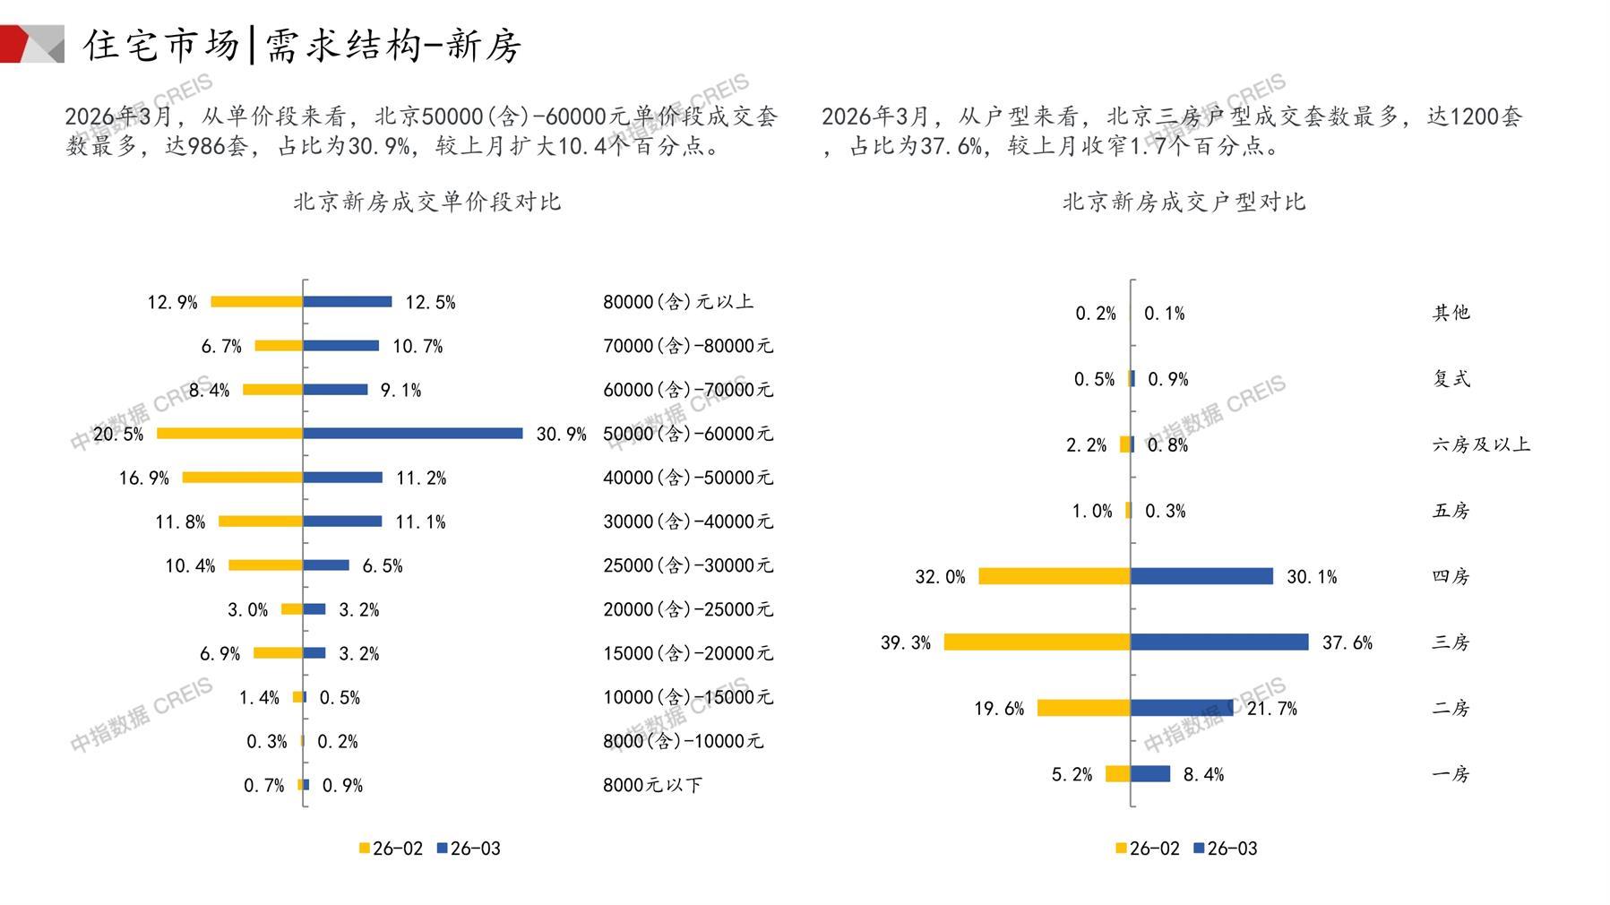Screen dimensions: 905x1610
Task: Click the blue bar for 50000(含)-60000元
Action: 413,434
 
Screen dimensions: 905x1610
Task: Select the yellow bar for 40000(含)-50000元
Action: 243,478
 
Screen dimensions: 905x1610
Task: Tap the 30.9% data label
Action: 561,435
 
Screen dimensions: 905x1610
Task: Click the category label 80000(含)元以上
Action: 677,302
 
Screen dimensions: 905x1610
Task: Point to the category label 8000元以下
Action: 652,785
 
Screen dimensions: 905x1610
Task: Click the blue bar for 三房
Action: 1219,642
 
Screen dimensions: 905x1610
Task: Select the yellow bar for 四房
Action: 1055,576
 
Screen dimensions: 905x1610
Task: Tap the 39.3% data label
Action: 905,642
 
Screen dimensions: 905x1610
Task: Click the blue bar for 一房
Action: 1150,774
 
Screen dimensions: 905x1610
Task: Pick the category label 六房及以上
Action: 1481,444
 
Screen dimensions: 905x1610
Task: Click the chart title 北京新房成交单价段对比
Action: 427,202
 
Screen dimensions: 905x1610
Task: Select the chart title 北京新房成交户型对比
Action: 1184,202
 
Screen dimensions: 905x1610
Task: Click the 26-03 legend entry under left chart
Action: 469,849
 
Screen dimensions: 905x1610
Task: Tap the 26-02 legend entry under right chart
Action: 1148,849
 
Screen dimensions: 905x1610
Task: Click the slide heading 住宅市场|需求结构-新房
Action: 303,45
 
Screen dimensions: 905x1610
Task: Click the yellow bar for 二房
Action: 1084,708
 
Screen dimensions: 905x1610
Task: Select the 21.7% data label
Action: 1271,709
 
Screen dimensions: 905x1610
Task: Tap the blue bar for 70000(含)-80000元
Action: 341,346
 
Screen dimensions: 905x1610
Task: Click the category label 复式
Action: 1451,379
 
